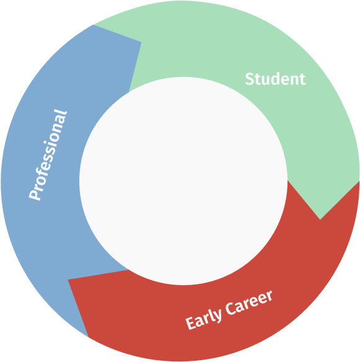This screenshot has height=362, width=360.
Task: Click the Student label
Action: point(275,79)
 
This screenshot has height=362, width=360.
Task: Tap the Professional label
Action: point(48,155)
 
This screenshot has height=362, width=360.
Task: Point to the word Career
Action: point(248,302)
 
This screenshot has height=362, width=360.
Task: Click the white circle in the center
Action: point(183,181)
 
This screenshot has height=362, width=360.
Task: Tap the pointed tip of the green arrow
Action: point(320,219)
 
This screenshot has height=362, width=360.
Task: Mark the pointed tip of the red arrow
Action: point(68,280)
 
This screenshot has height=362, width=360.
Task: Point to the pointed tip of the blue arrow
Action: point(141,42)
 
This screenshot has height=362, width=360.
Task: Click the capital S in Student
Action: point(250,79)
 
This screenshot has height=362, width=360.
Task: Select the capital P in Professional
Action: point(35,194)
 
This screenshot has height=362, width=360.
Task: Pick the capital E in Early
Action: point(191,323)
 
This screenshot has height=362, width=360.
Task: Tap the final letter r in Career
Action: point(269,296)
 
